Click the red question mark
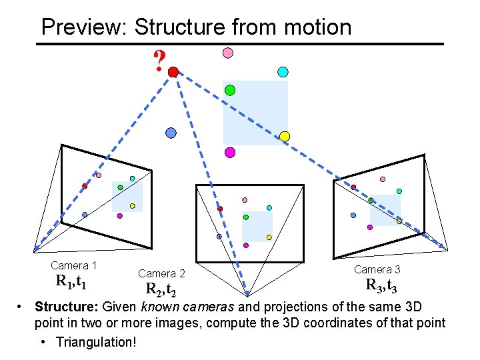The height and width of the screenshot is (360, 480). [x=159, y=61]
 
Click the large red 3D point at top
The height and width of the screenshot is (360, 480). [x=173, y=71]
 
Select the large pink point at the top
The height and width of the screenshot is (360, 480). [x=227, y=53]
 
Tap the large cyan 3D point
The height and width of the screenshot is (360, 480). [x=282, y=71]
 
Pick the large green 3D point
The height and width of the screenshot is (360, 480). [x=230, y=90]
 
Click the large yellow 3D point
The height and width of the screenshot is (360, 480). [x=285, y=136]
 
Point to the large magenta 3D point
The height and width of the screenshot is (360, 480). [x=230, y=153]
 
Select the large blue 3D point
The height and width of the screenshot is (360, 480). [x=171, y=133]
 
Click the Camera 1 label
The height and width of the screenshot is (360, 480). [x=74, y=265]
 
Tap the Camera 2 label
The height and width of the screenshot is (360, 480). [x=161, y=273]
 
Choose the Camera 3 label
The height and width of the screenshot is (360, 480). [x=377, y=269]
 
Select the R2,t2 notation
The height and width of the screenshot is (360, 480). [x=161, y=289]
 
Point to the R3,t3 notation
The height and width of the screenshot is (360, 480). [x=381, y=285]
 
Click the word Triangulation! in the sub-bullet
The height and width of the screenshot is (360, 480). [x=97, y=342]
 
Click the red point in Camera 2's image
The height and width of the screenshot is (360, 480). [x=221, y=209]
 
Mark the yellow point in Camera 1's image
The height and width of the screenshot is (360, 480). [x=132, y=206]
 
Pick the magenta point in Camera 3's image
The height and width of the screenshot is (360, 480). [x=370, y=227]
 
